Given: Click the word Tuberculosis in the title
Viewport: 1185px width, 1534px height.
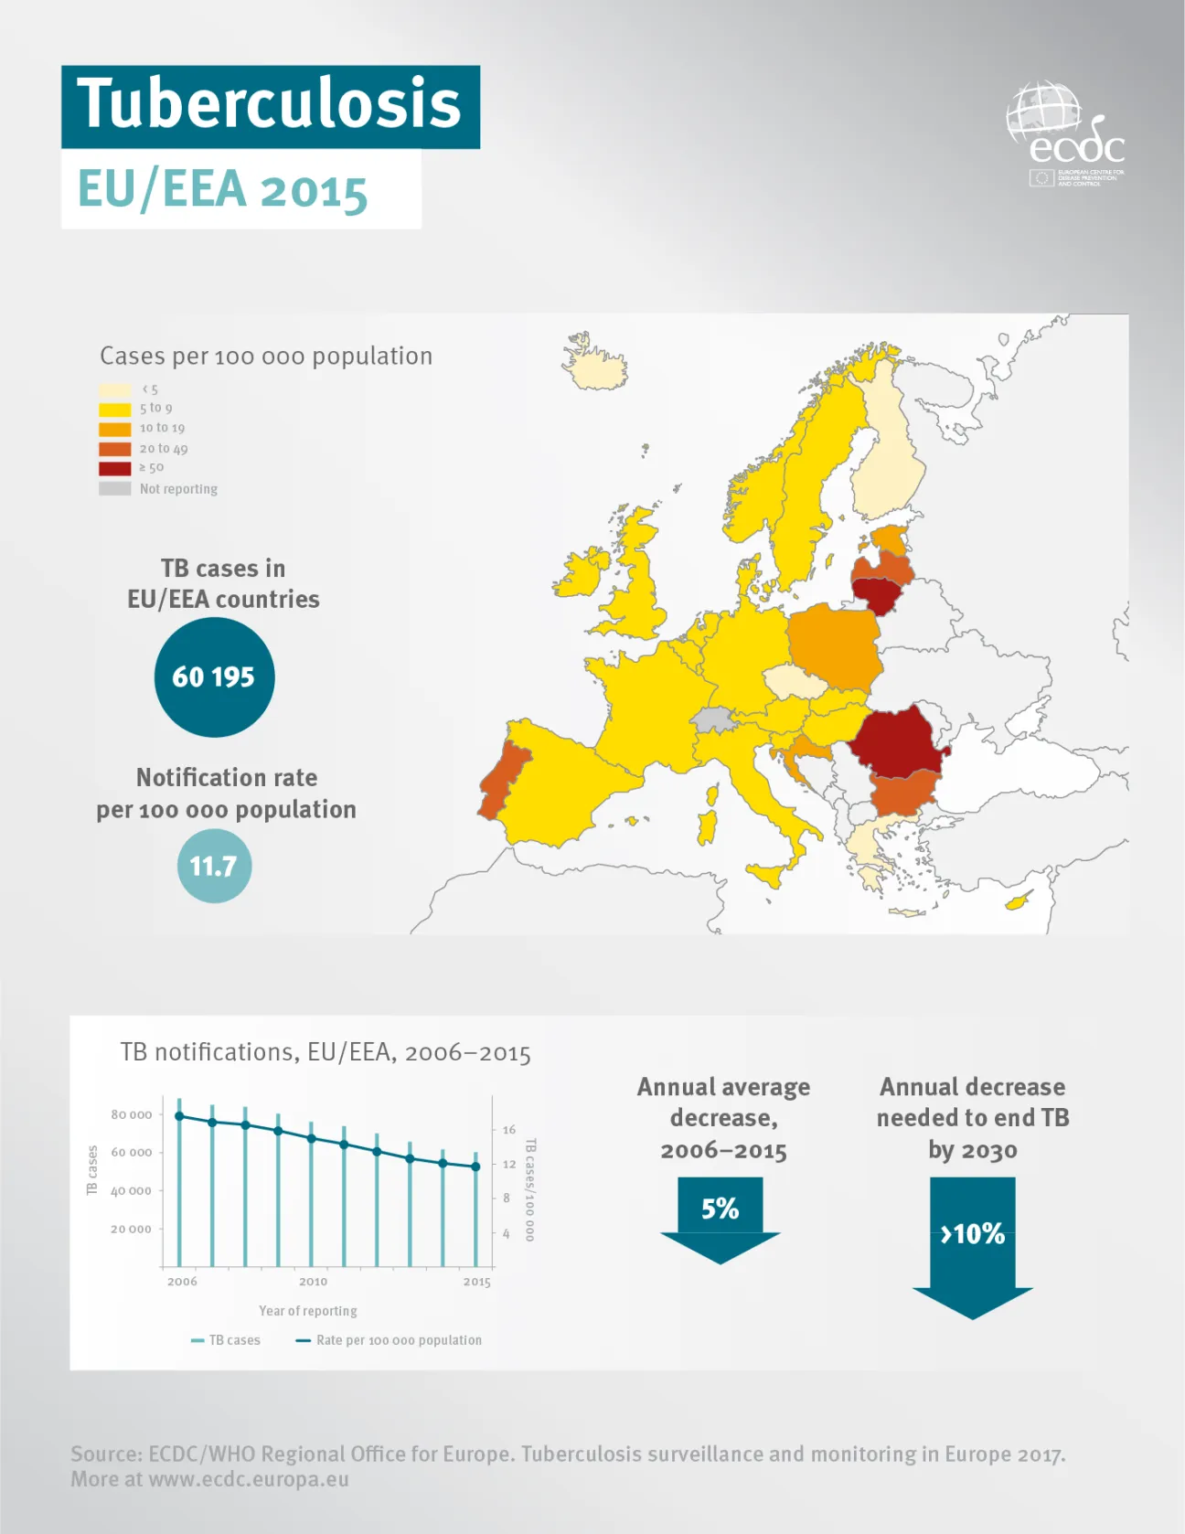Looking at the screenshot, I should (x=270, y=103).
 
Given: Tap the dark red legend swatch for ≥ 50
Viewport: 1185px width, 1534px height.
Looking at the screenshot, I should (x=115, y=468).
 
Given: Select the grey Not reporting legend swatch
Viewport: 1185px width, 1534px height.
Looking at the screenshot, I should (x=115, y=489).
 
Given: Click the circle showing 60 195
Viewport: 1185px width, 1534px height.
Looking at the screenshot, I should (x=214, y=677).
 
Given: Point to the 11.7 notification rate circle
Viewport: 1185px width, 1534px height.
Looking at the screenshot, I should (x=214, y=866).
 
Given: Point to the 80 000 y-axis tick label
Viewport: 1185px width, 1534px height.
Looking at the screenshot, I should (x=132, y=1114).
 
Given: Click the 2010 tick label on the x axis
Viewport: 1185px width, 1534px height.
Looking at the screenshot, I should (x=313, y=1282).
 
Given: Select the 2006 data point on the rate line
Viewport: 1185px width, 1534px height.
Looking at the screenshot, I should (x=179, y=1115).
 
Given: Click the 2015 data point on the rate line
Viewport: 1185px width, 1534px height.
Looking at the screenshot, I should (x=475, y=1166).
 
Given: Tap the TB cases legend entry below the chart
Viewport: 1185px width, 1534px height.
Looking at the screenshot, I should (x=227, y=1340).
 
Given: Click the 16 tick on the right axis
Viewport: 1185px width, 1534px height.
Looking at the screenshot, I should (x=509, y=1130).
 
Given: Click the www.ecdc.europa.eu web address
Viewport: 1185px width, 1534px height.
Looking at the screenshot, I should (x=249, y=1479).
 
